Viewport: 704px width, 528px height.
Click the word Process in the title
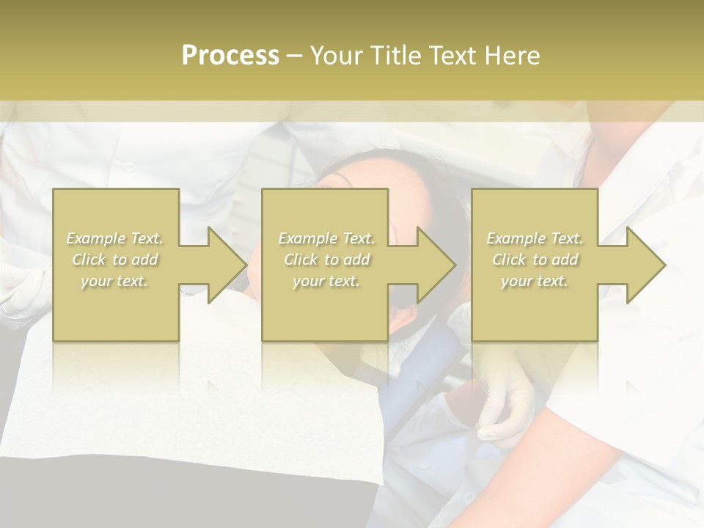pyautogui.click(x=230, y=55)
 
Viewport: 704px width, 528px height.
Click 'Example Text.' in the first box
pyautogui.click(x=114, y=238)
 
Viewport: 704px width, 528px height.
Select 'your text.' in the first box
pyautogui.click(x=114, y=281)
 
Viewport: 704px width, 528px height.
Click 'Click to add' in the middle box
pyautogui.click(x=326, y=260)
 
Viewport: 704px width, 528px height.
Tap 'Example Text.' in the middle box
pyautogui.click(x=326, y=238)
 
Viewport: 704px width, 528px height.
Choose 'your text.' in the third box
pyautogui.click(x=534, y=281)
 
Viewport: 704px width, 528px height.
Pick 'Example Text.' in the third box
pyautogui.click(x=535, y=238)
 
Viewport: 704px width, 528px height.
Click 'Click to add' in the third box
pyautogui.click(x=535, y=260)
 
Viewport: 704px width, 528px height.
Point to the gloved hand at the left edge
pyautogui.click(x=18, y=290)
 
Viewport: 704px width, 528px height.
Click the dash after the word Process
pyautogui.click(x=295, y=56)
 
